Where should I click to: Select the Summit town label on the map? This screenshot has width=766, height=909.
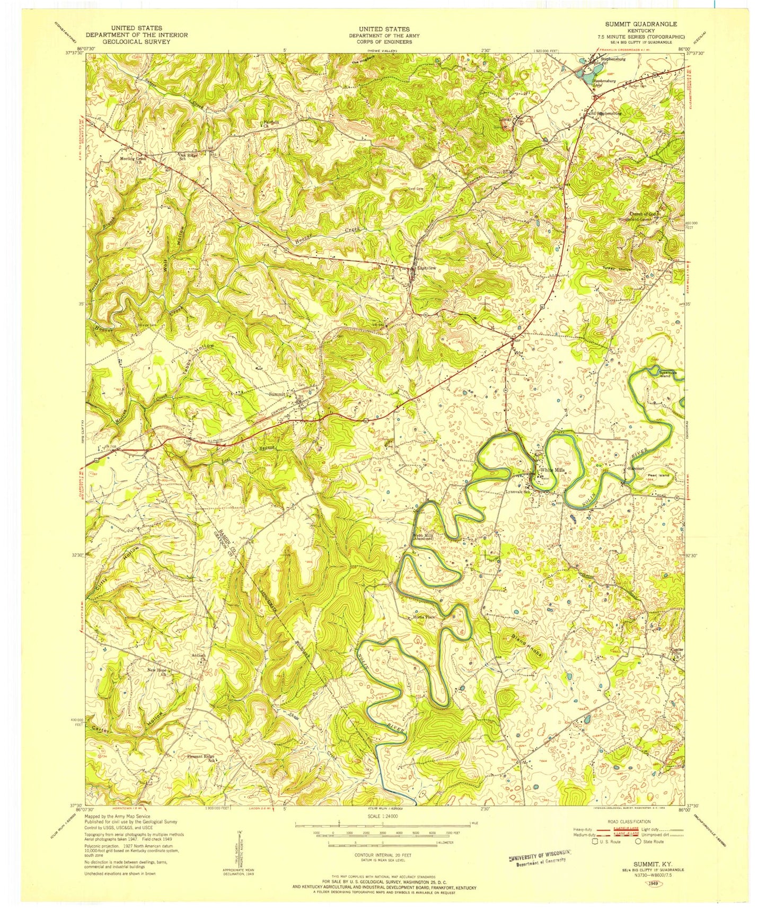[x=278, y=394]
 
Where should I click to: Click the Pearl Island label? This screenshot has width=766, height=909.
[x=658, y=475]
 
